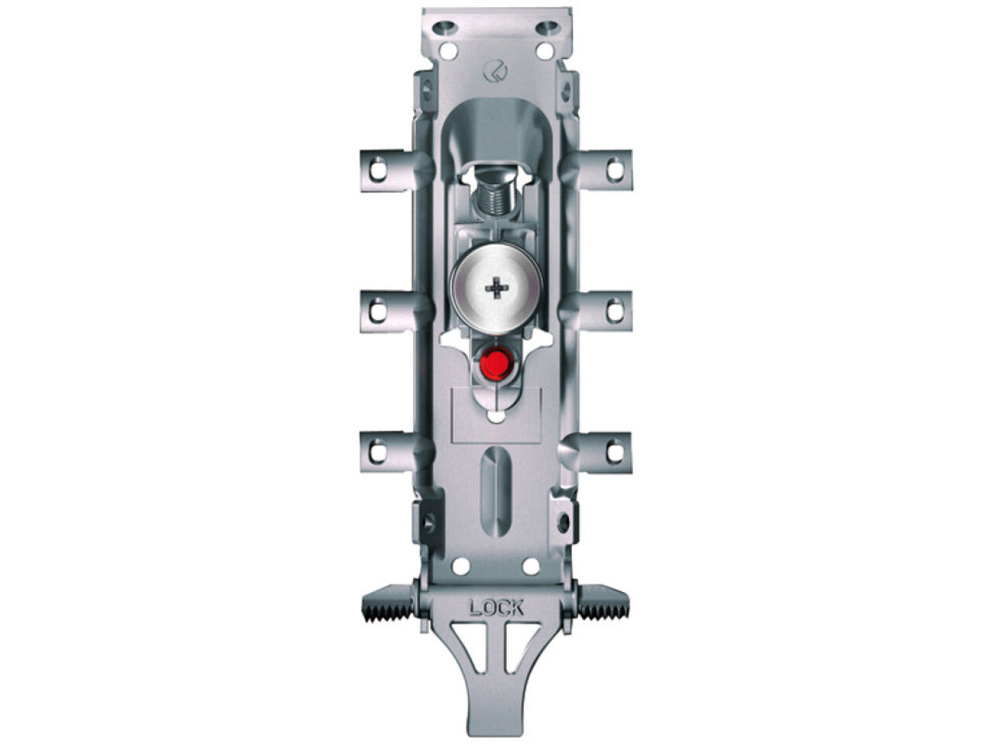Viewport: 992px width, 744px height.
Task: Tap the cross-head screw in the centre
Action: tap(496, 288)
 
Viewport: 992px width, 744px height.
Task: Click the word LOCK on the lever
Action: tap(496, 608)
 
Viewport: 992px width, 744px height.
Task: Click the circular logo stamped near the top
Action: tap(495, 72)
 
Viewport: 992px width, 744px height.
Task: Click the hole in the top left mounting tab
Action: tap(378, 170)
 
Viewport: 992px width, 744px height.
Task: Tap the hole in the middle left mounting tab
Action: tap(378, 311)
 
